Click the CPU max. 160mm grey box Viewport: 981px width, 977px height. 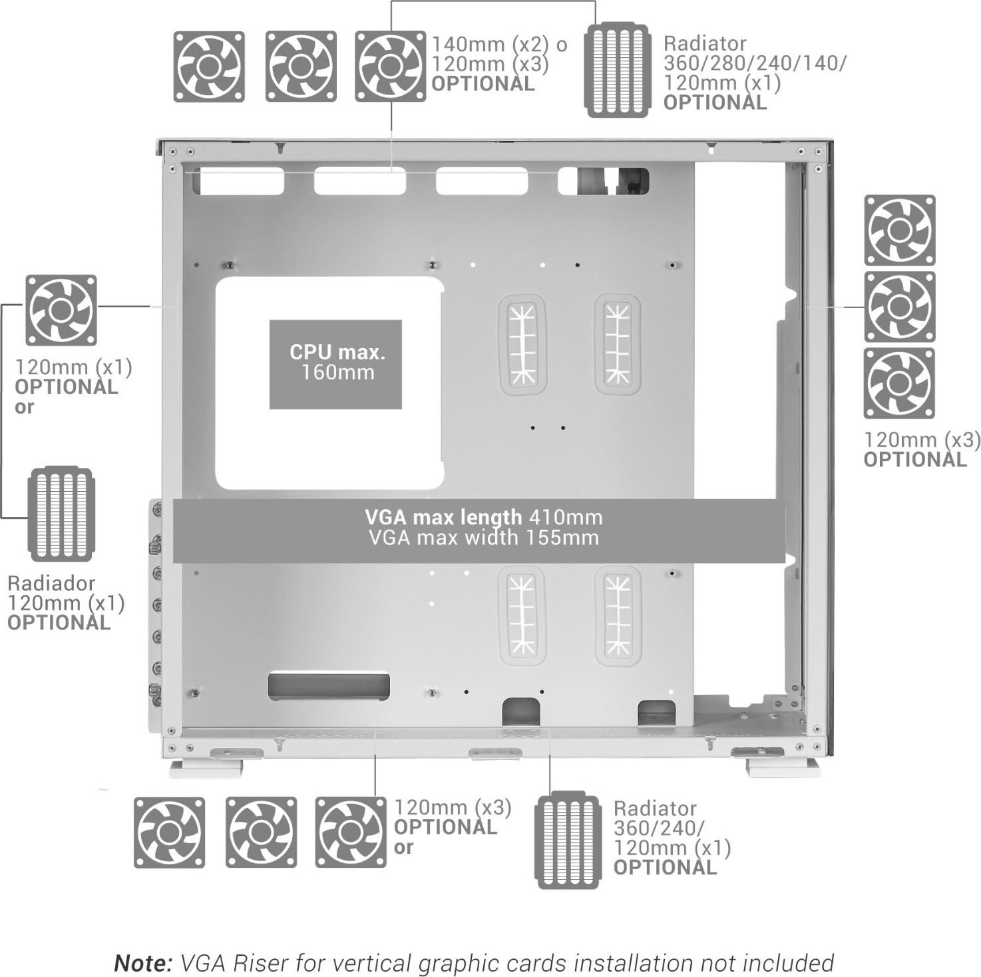point(335,364)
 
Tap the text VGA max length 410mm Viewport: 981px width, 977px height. point(484,517)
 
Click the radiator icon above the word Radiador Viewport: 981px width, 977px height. point(61,514)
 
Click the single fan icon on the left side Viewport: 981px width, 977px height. point(61,309)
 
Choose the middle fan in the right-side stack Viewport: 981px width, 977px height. point(900,307)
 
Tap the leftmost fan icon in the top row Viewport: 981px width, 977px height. point(209,67)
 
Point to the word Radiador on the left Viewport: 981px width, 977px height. point(51,583)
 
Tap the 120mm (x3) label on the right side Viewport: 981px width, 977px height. point(922,440)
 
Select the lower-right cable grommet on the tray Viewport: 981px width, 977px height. point(618,616)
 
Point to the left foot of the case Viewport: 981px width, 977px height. point(191,768)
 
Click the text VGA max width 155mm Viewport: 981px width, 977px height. point(484,538)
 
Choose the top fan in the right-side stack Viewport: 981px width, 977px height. point(900,230)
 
